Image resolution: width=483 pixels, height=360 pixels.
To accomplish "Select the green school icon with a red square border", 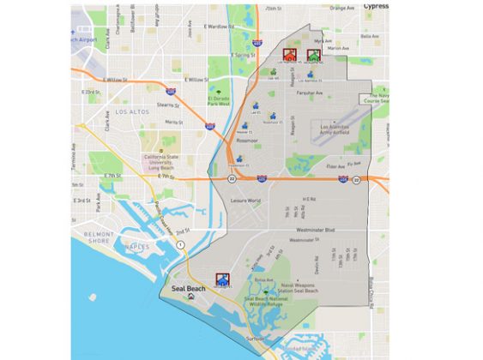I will pos(314,55).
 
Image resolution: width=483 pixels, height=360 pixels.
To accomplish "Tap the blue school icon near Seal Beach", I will pos(223,278).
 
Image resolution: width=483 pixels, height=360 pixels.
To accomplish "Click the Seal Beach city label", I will pos(189,288).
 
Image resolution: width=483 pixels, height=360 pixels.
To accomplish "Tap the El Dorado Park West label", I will pos(219,101).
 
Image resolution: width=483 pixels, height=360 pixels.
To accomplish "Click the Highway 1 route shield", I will pos(181,245).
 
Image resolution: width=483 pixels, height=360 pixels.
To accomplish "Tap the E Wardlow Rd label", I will pos(219,27).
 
